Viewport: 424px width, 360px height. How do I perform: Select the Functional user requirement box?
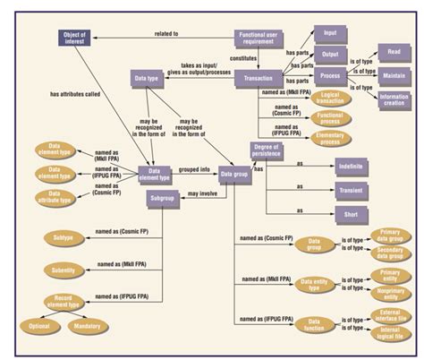260,38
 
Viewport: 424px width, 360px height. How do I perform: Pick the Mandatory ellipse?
88,326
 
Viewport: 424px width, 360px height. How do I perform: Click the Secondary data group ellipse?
390,253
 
